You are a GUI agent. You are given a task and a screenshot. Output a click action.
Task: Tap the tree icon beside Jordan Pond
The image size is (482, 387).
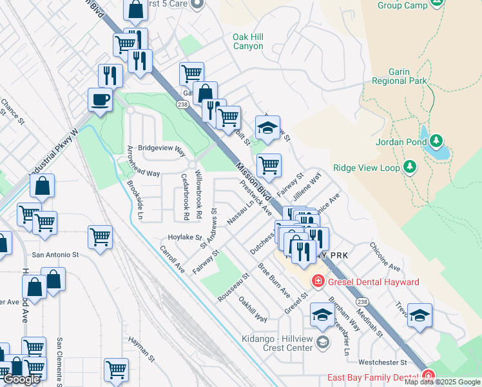pyautogui.click(x=436, y=140)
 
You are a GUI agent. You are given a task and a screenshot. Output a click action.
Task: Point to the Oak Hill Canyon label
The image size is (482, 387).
pyautogui.click(x=248, y=42)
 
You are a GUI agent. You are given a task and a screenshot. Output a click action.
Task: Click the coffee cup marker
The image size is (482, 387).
pyautogui.click(x=100, y=100)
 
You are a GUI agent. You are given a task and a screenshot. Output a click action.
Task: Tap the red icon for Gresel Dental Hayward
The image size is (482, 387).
pyautogui.click(x=318, y=281)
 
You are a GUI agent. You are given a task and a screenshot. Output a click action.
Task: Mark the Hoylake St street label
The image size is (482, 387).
pyautogui.click(x=185, y=237)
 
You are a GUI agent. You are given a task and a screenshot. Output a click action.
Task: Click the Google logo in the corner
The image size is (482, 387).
pyautogui.click(x=21, y=379)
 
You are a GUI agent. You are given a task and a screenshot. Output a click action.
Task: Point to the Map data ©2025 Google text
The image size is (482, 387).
pyautogui.click(x=442, y=382)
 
